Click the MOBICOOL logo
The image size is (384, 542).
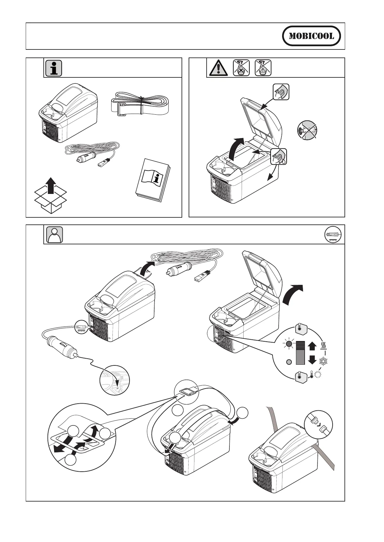pyautogui.click(x=311, y=36)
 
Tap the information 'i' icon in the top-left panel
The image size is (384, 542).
pyautogui.click(x=53, y=68)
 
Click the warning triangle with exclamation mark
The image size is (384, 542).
pyautogui.click(x=217, y=68)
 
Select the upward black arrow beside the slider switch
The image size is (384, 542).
pyautogui.click(x=312, y=346)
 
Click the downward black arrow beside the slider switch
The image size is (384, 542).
pyautogui.click(x=312, y=360)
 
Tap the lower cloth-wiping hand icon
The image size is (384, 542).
pyautogui.click(x=278, y=156)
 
